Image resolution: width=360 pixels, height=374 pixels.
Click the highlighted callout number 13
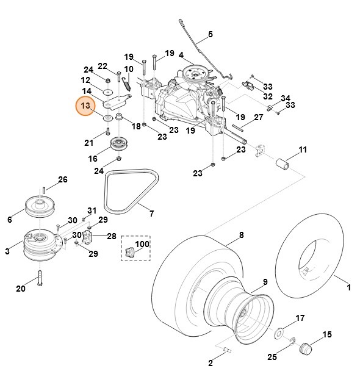click(x=86, y=106)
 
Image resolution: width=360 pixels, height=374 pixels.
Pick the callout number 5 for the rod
click(x=211, y=34)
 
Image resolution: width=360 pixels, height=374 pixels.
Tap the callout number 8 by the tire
click(x=241, y=234)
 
